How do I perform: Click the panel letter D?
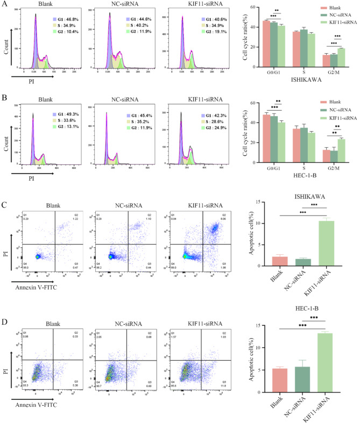(5, 309)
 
